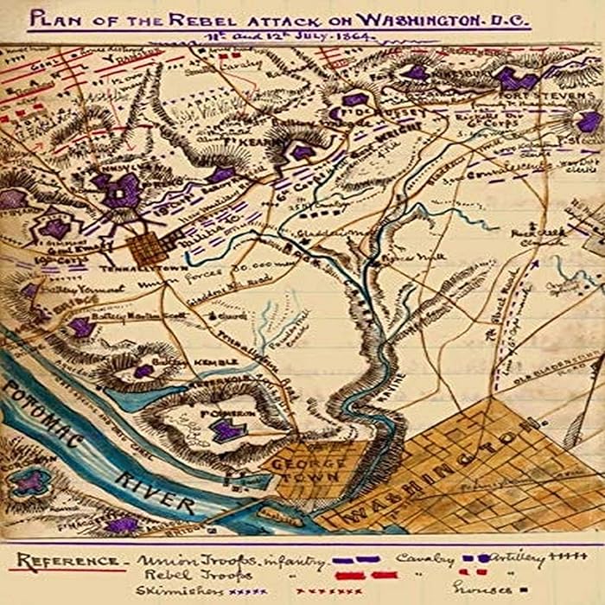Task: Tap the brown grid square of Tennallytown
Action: pyautogui.click(x=149, y=249)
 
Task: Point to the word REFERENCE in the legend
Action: pyautogui.click(x=56, y=560)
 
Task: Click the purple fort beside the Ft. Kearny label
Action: pyautogui.click(x=302, y=152)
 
